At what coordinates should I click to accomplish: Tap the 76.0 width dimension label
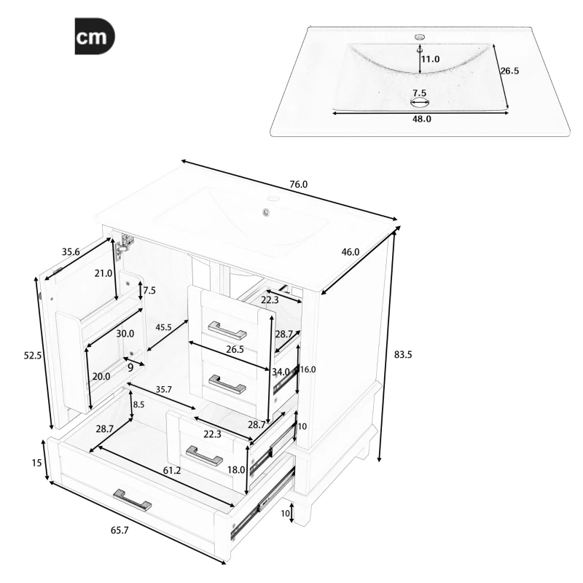[299, 184]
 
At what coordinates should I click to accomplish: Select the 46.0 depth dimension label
[351, 252]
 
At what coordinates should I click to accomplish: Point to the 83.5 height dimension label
[403, 355]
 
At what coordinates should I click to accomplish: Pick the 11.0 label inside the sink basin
[430, 59]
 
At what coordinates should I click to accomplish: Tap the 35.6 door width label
[70, 252]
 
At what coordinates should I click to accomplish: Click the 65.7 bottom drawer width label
[120, 531]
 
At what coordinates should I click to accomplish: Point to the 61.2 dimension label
[172, 472]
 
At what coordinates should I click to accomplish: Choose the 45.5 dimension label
[164, 328]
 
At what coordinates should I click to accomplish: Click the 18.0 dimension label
[236, 470]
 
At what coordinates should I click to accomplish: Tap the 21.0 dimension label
[103, 274]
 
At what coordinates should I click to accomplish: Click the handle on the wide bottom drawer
[132, 501]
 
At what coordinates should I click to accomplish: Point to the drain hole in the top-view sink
[420, 101]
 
